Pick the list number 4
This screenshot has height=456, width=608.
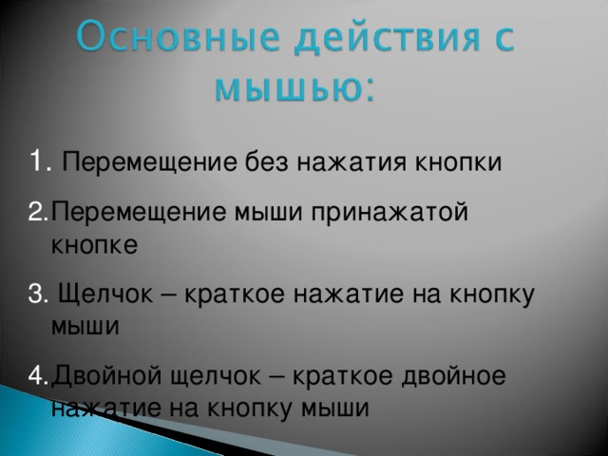(38, 375)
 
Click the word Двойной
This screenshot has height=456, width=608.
(105, 375)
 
